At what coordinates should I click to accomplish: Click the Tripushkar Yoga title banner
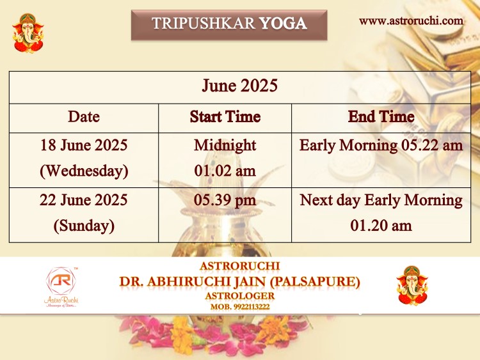[x=229, y=25]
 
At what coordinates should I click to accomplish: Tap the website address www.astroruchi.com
[x=411, y=21]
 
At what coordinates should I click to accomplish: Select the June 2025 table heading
[x=240, y=85]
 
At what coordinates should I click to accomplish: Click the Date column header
[x=84, y=116]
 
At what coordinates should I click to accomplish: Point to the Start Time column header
[x=225, y=116]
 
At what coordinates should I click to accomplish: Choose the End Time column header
[x=381, y=116]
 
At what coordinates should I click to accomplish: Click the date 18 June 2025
[x=84, y=145]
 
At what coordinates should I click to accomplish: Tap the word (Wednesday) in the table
[x=84, y=171]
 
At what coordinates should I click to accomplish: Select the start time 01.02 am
[x=225, y=171]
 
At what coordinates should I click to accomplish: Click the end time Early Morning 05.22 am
[x=381, y=145]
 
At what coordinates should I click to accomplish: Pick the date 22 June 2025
[x=84, y=200]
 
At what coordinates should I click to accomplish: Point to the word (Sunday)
[x=84, y=226]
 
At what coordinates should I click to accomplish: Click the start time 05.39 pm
[x=225, y=200]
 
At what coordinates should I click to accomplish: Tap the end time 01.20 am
[x=381, y=226]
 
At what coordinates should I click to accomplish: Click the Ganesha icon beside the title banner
[x=28, y=33]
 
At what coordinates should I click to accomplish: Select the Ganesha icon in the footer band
[x=412, y=285]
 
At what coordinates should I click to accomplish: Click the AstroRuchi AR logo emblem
[x=61, y=281]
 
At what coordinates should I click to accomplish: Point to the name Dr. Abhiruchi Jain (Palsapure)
[x=240, y=281]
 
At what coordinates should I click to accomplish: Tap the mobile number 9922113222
[x=252, y=307]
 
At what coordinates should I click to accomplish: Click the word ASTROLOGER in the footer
[x=240, y=296]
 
